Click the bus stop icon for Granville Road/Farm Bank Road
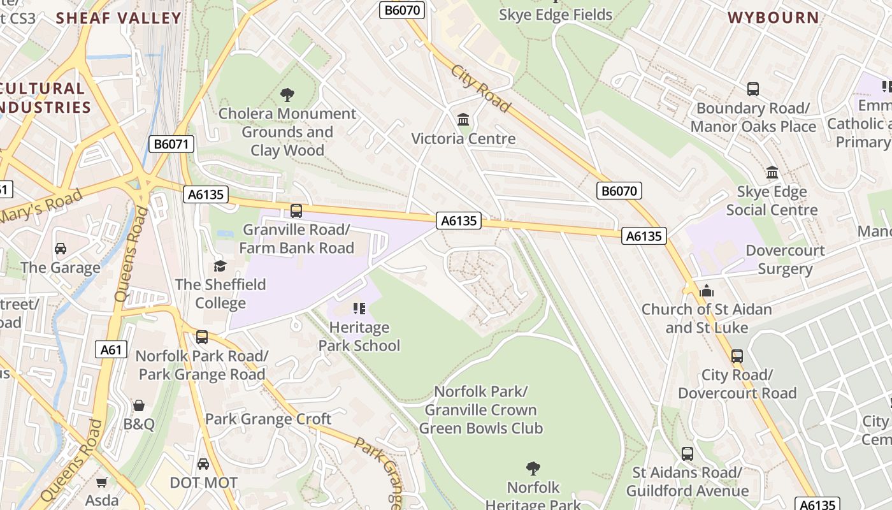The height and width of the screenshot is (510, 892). point(296,210)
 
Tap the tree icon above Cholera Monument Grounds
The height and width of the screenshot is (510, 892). point(287,95)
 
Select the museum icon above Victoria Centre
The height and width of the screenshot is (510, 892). point(463,119)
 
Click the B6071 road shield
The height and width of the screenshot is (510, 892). point(172,144)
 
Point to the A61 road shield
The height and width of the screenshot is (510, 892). point(111,349)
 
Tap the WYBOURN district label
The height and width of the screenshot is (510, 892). point(773,18)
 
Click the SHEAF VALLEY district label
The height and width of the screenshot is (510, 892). point(119,18)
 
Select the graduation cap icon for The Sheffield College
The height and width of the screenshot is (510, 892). point(220,265)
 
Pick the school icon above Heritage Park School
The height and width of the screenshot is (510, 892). point(359,309)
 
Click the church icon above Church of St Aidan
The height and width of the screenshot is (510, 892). point(706,291)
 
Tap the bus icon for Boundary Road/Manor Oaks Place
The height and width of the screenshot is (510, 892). point(753,89)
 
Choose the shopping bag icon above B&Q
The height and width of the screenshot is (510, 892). point(138,405)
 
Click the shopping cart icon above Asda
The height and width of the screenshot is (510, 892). point(102,482)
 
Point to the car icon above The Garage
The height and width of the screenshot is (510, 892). point(61,248)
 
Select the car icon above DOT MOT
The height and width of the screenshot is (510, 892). point(203,463)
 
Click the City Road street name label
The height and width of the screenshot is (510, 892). point(481,88)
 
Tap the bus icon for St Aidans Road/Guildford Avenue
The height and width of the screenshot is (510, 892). point(687,454)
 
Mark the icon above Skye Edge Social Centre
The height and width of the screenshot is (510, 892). point(772,172)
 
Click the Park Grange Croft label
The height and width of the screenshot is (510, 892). point(268,419)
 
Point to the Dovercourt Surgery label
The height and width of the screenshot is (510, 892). point(785,259)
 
